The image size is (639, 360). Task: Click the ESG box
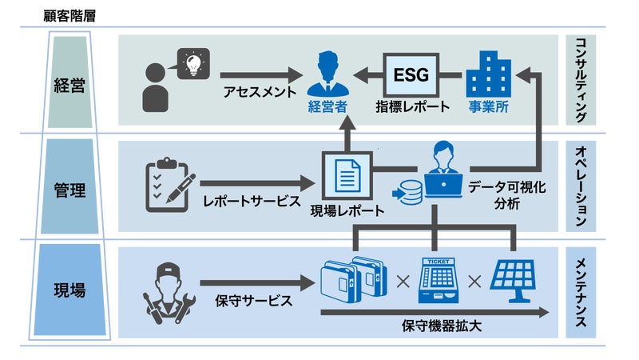coord(411,76)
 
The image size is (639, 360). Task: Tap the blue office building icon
coord(489,74)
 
